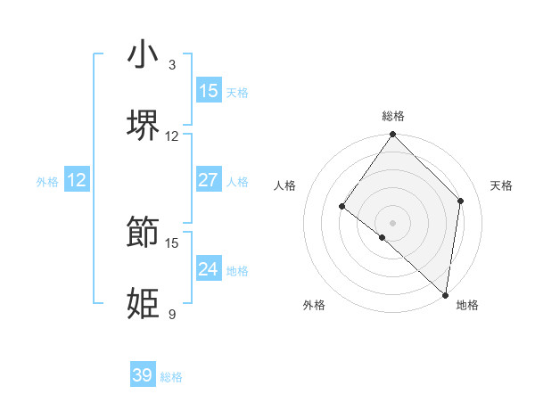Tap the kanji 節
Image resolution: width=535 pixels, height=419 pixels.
[x=143, y=232]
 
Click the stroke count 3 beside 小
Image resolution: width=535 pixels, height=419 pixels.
[x=171, y=65]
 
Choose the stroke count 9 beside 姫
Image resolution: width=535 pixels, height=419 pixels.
[x=171, y=314]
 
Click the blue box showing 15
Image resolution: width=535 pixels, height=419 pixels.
[x=209, y=90]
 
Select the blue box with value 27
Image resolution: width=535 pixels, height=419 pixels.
[x=209, y=180]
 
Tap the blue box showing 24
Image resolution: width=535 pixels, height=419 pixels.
[x=209, y=269]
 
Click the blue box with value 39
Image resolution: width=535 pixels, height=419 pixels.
[x=143, y=375]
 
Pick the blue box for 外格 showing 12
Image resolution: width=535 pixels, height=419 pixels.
[x=77, y=180]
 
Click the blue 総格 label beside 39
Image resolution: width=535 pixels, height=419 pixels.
[x=171, y=377]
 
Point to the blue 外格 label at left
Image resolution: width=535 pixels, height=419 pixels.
[x=47, y=181]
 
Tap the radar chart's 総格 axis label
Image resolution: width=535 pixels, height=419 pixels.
[x=393, y=116]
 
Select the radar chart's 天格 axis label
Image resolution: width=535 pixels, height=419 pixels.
[x=501, y=185]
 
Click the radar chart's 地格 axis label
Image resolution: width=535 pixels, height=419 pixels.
[x=467, y=305]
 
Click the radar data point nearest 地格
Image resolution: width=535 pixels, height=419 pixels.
[x=445, y=294]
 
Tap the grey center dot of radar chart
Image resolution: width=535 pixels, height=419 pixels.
[x=393, y=222]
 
